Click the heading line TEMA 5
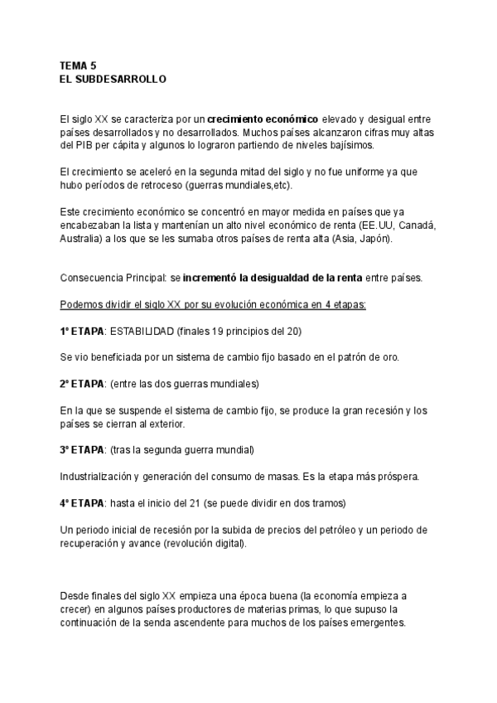79,65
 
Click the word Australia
82,240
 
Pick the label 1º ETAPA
82,331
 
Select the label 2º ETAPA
82,383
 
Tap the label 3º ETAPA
82,449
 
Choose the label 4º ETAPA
82,502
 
